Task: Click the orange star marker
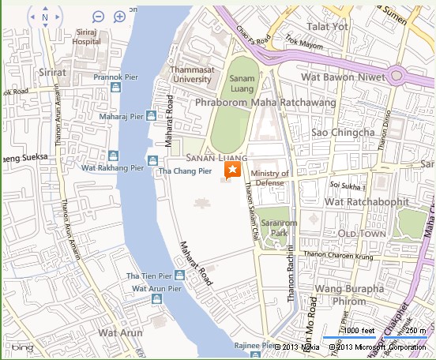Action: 233,171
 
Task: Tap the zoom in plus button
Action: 120,17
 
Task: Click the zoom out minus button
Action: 98,17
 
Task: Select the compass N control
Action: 45,17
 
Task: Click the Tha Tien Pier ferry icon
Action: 180,276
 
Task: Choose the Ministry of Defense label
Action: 269,178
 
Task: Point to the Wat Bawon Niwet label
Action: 342,77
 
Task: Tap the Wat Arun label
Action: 115,333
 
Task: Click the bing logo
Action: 21,347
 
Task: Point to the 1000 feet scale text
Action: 359,330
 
